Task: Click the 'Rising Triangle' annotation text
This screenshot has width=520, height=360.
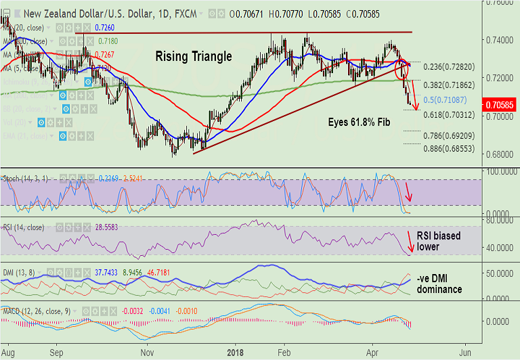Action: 193,57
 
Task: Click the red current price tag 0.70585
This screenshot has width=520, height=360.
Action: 500,106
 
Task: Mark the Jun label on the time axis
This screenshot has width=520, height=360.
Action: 465,353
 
